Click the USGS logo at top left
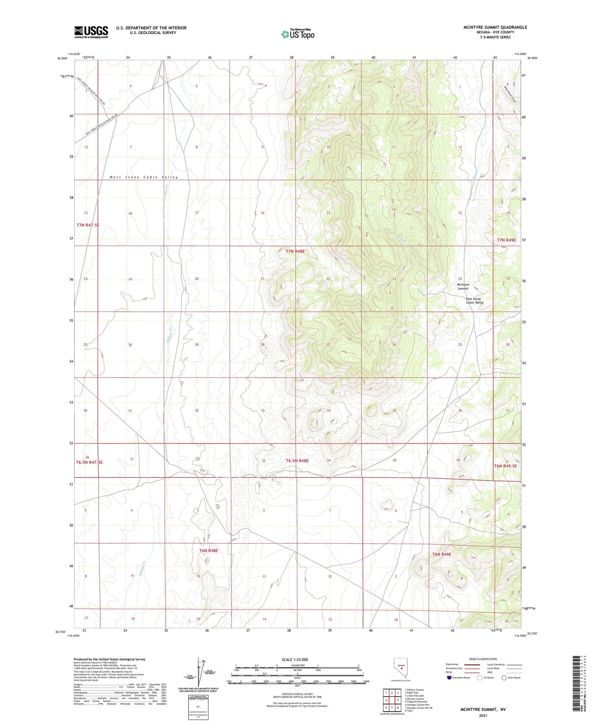[91, 32]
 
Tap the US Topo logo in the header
[297, 34]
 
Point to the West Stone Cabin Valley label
[143, 177]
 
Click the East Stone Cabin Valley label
[474, 301]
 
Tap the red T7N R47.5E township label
[88, 225]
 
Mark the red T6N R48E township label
[209, 551]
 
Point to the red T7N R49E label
[506, 240]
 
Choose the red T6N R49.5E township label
[505, 466]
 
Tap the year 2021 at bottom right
[483, 715]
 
